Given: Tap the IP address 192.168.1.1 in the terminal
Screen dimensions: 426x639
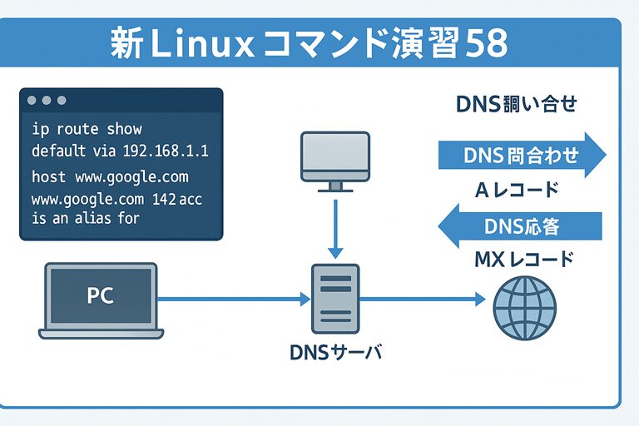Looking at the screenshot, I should [165, 151].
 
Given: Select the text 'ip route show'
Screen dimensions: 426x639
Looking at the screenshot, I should [87, 130].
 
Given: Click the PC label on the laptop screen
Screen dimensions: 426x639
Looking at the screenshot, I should [101, 295].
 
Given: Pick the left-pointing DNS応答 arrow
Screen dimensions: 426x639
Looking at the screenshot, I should [519, 225].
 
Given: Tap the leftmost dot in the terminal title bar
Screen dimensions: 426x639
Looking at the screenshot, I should [32, 101].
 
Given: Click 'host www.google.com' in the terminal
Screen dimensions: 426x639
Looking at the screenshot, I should [110, 177].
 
